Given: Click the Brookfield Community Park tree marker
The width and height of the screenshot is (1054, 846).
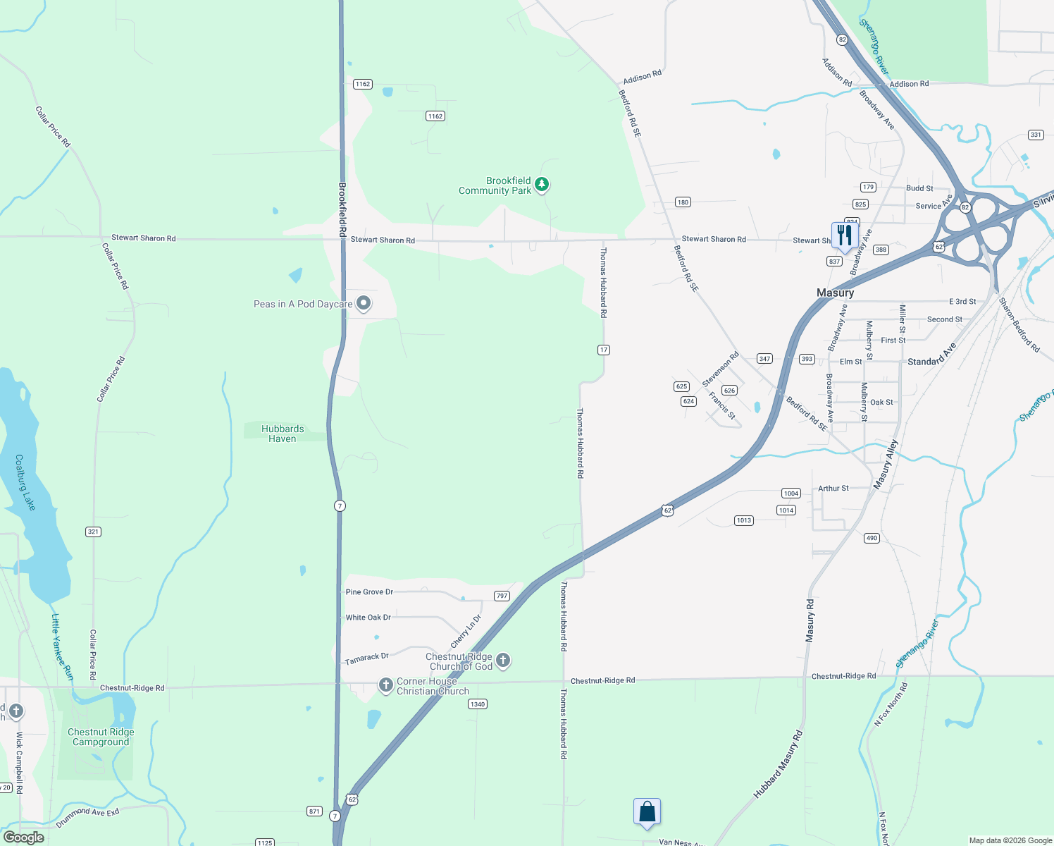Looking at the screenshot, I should point(541,185).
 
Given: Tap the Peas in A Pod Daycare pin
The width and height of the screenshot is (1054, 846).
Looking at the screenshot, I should point(364,303).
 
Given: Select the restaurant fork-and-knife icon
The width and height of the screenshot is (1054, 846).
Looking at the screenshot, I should point(844,235).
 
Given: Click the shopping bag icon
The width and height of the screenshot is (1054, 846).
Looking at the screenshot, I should point(647,812).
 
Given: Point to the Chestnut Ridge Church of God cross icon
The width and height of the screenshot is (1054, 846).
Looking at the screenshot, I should point(503,661).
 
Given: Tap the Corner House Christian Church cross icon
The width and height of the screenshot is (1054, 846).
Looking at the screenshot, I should point(385,685).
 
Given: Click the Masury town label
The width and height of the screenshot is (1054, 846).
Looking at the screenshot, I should point(835,293).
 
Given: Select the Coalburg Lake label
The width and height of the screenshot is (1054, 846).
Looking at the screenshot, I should point(25,482).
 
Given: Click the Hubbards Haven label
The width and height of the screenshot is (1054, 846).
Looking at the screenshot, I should point(283,434).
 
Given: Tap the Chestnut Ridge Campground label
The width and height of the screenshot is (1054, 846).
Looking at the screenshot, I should point(101,737).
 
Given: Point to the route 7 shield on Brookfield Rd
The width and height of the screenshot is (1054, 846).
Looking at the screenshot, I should point(340,505).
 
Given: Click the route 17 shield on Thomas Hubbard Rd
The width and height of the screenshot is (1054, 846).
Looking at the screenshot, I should point(603,350).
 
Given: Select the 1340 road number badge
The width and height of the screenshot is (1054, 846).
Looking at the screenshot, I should point(478,704).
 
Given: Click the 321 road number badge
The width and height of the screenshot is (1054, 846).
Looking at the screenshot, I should point(93,532).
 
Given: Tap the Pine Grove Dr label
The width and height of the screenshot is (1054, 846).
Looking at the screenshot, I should point(369,592).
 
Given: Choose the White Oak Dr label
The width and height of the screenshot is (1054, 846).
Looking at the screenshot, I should point(368,618).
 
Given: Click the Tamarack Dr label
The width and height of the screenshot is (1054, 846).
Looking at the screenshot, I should point(366,658).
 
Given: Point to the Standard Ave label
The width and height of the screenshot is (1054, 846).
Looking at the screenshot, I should point(931,355).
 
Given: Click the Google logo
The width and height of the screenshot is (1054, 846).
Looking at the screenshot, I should point(23,838).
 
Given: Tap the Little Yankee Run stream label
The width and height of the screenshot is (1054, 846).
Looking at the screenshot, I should point(61,646).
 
